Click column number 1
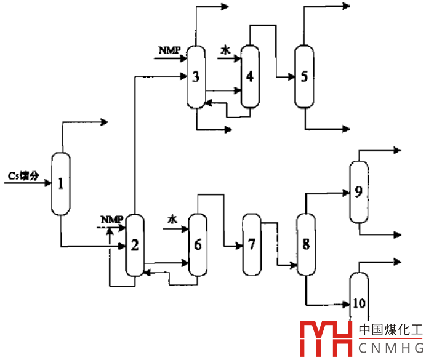(60, 183)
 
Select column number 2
(134, 245)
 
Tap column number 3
(196, 77)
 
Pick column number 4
(249, 76)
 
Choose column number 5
(303, 76)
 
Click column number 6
(198, 244)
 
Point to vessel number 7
(251, 244)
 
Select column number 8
(305, 244)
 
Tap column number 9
(358, 191)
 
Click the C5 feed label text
(23, 176)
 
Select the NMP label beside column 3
(167, 50)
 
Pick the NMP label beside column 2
(111, 219)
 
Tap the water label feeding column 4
(225, 53)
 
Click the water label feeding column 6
(172, 219)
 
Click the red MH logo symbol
(324, 338)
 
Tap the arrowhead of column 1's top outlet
(105, 122)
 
